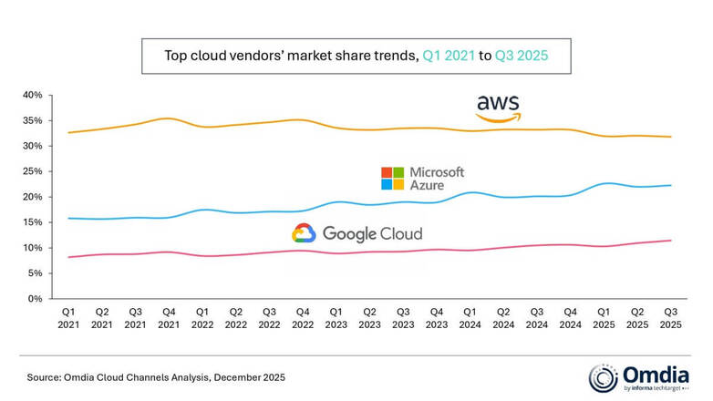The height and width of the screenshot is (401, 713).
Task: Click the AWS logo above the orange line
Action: click(498, 108)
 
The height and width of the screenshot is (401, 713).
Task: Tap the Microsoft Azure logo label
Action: click(422, 178)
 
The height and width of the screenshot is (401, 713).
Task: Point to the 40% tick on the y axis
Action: click(33, 95)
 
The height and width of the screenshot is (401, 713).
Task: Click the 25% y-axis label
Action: click(33, 171)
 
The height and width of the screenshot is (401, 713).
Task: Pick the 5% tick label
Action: click(35, 273)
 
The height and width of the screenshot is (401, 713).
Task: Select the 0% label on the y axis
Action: click(35, 299)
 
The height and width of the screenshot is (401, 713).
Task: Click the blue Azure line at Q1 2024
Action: click(470, 192)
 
